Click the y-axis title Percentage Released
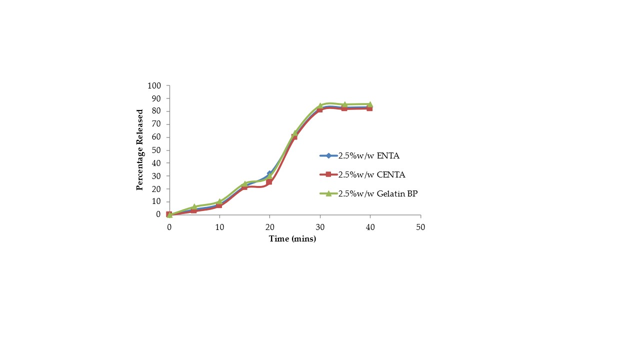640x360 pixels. coord(140,149)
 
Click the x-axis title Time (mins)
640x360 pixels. coord(292,239)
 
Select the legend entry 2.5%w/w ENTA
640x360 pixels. coord(369,155)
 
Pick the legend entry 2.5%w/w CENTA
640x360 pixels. coord(372,174)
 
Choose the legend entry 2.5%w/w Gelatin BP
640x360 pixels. coord(377,193)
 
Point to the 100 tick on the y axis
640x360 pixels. coord(154,86)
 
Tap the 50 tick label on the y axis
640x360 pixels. coord(156,150)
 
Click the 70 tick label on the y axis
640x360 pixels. coord(156,124)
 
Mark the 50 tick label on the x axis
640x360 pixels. coord(420,226)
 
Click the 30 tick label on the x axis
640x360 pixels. coord(320,226)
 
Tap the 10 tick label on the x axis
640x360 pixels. coord(219,226)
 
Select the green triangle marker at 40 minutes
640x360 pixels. coord(370,104)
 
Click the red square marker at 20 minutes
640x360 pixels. coord(269,182)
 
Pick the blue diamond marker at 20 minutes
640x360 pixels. coord(269,173)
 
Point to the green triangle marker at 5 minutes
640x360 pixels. coord(194,206)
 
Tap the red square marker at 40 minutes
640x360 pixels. coord(370,108)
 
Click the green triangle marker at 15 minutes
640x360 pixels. coord(244,183)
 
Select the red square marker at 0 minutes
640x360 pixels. coord(169,214)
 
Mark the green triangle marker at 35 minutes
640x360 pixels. coord(345,104)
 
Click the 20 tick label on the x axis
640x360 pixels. coord(269,226)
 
